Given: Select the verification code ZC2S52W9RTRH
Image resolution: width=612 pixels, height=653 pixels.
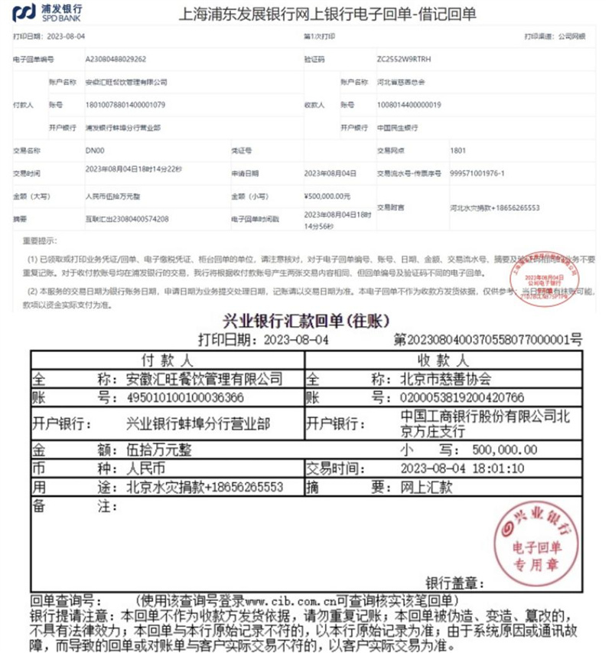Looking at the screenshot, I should click(409, 58).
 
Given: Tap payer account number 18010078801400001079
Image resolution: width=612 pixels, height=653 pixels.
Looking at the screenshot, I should click(125, 104).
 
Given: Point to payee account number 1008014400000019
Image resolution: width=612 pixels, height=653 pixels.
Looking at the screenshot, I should click(409, 104).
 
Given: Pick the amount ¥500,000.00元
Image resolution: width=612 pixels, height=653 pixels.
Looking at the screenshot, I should click(327, 196).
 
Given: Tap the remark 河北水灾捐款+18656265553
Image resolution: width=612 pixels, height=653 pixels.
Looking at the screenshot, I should click(494, 207).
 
